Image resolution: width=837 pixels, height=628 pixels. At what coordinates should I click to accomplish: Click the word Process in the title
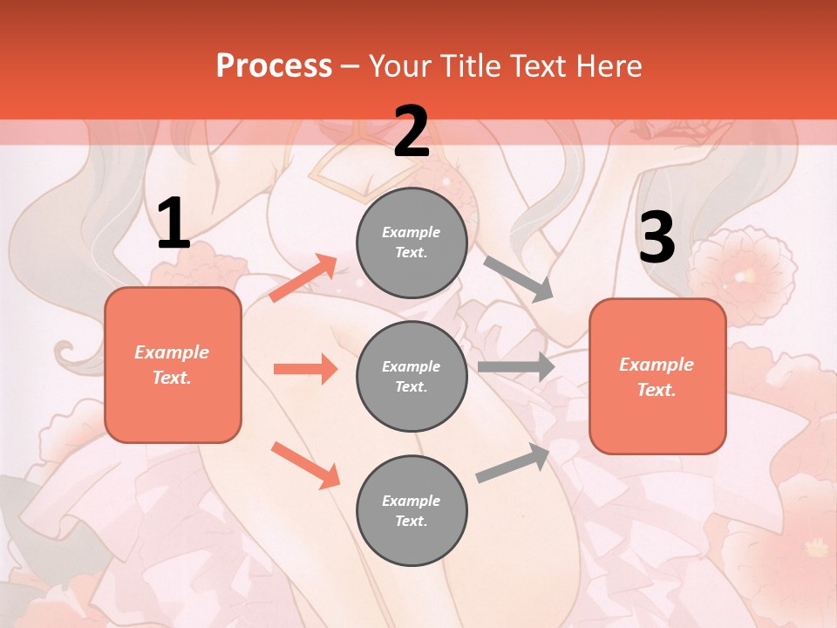[x=274, y=65]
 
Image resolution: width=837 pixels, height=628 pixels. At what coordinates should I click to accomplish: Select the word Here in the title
[x=607, y=65]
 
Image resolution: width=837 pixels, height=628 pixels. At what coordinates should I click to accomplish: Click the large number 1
[x=174, y=224]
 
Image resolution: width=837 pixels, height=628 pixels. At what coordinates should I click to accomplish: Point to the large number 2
[x=412, y=132]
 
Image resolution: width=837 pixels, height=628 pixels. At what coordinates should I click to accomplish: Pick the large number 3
[x=657, y=238]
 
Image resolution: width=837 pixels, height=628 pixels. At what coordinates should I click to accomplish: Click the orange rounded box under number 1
[x=173, y=365]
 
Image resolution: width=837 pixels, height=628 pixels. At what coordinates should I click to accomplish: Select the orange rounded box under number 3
[x=657, y=377]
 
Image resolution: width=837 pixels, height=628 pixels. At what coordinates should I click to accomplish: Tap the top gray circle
[x=412, y=242]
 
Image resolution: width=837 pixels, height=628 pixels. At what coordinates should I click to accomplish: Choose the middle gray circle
[x=412, y=377]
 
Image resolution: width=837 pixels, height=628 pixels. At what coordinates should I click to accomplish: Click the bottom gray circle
[x=412, y=511]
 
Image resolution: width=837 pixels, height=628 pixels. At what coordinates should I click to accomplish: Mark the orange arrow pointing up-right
[x=303, y=278]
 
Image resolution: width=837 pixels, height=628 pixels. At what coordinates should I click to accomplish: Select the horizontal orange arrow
[x=305, y=369]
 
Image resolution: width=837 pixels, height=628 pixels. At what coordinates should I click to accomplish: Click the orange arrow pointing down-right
[x=305, y=465]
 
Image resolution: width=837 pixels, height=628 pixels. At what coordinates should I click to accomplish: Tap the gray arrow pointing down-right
[x=519, y=279]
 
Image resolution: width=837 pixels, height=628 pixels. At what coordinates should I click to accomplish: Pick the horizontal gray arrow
[x=516, y=367]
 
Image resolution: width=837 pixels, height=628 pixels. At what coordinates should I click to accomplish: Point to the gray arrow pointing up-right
[x=514, y=462]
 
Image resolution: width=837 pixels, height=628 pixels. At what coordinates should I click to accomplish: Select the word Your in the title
[x=401, y=65]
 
